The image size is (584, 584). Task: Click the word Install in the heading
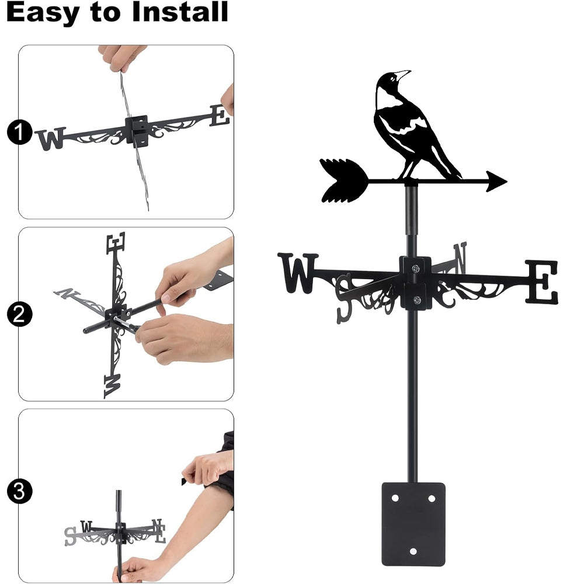coord(180,12)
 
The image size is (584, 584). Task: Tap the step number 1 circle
coord(19,132)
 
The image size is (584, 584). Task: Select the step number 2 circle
coord(19,314)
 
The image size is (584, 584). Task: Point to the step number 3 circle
coord(19,491)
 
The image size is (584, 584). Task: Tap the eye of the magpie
coord(392,78)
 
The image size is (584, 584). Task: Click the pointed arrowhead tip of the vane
coord(506,182)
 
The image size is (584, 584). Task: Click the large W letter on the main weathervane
coord(298,273)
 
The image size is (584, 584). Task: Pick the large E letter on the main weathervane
coord(541,282)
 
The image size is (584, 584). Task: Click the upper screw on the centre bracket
coord(415,268)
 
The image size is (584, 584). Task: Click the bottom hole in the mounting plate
coord(413,551)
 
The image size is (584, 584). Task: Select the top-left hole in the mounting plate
coord(395,498)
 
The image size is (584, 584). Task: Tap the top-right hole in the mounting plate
coord(432,498)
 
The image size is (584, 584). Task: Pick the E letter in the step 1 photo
coord(220,116)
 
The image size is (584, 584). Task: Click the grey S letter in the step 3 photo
coord(70,536)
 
